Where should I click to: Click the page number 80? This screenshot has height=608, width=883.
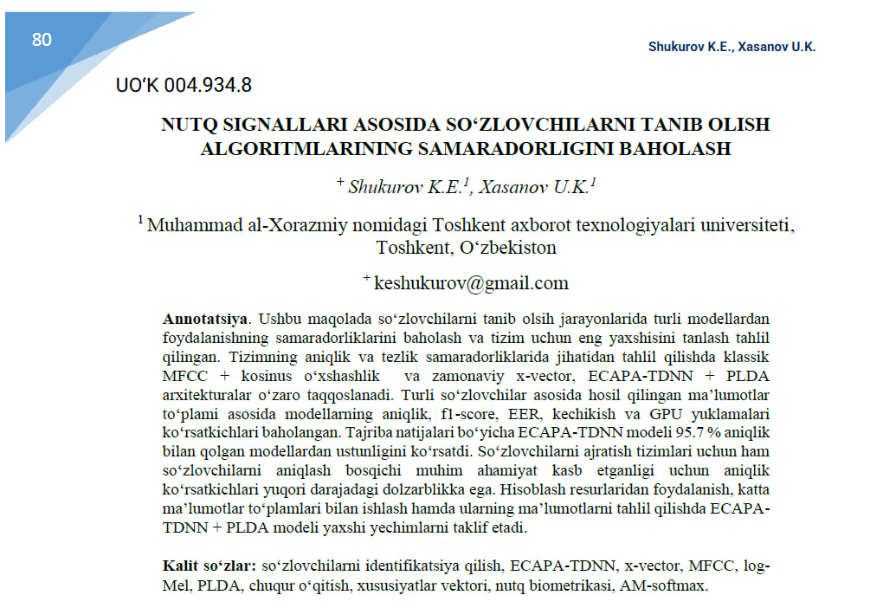coord(42,40)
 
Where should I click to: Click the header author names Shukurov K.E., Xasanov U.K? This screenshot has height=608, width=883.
coord(732,47)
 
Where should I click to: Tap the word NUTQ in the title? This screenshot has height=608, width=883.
coord(185,125)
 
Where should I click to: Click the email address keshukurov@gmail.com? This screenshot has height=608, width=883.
coord(471,282)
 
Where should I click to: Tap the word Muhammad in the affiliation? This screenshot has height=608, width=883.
coord(192,225)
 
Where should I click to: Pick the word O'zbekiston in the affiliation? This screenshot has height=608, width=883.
coord(507,248)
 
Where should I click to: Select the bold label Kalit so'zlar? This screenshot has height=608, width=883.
coord(209,566)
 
